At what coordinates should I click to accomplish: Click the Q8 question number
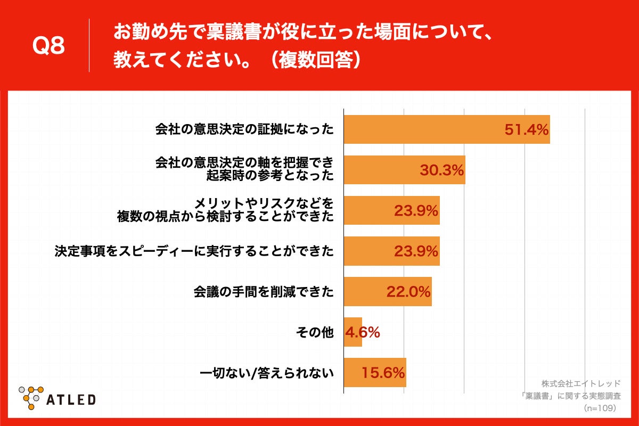tap(48, 47)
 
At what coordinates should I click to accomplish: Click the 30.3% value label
tap(442, 170)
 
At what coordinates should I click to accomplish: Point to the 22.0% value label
tap(408, 291)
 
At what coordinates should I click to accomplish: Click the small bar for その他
tap(353, 332)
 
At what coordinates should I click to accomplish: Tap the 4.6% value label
tap(363, 332)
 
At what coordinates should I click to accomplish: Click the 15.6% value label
tap(383, 373)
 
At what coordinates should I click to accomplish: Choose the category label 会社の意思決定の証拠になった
tap(244, 129)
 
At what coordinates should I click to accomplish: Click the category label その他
tap(315, 332)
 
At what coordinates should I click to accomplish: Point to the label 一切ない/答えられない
tap(267, 373)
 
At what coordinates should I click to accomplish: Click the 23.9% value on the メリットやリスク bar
tap(416, 210)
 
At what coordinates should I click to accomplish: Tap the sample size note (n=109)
tap(600, 407)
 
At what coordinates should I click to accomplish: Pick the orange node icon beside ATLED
tap(30, 397)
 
